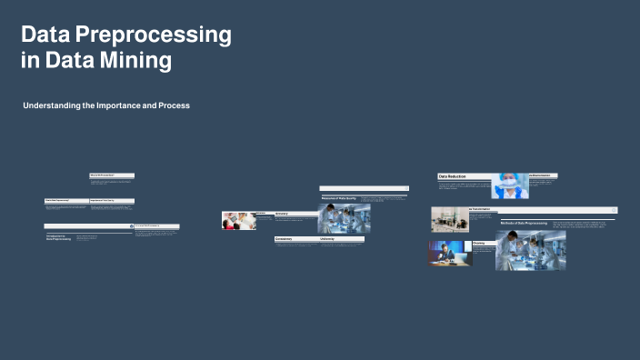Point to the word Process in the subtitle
(x=172, y=106)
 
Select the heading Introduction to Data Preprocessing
(x=59, y=239)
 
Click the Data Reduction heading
(x=453, y=176)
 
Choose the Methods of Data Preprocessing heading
(x=523, y=223)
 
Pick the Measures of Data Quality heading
(x=338, y=198)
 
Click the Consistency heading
(x=286, y=239)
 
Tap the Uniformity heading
(x=328, y=239)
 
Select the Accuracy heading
(x=282, y=214)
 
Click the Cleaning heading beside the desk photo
(x=479, y=244)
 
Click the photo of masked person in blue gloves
(x=510, y=186)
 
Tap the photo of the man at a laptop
(x=450, y=254)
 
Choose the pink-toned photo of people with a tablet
(x=238, y=221)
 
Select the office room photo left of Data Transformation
(x=449, y=219)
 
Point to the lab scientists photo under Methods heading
(x=530, y=250)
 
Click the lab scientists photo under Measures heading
(x=344, y=219)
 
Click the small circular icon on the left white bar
(x=132, y=225)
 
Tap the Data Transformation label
(x=485, y=209)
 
